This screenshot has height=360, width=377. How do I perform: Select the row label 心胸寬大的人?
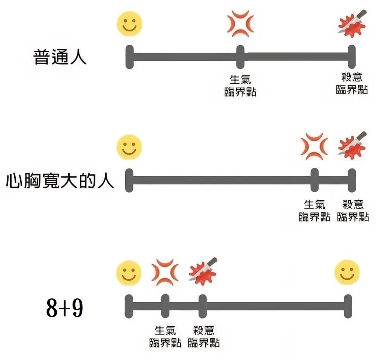pos(60,181)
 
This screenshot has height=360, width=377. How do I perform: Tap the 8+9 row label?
pos(64,308)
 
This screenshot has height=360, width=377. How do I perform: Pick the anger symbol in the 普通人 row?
pos(240,24)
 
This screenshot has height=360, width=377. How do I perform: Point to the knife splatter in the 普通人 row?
pos(352,24)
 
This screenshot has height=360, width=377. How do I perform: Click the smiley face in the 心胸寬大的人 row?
pos(130,147)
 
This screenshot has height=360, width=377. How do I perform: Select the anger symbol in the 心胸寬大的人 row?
pos(314,146)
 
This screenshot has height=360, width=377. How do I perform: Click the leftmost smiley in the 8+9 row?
pos(129,272)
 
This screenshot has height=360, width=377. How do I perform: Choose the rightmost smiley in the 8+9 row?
pos(347,272)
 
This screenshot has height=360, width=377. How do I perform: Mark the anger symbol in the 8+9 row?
pos(165,272)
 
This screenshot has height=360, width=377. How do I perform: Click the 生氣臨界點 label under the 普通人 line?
pos(240,86)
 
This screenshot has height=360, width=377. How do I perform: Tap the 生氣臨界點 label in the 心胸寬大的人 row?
pos(314,210)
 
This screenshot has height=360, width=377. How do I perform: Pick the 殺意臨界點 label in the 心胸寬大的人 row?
pos(353,210)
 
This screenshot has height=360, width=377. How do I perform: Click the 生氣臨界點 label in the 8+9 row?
pos(165,336)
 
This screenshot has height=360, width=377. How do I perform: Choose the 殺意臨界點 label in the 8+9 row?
pos(203,336)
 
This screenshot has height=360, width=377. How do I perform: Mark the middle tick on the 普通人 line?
pos(240,57)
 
